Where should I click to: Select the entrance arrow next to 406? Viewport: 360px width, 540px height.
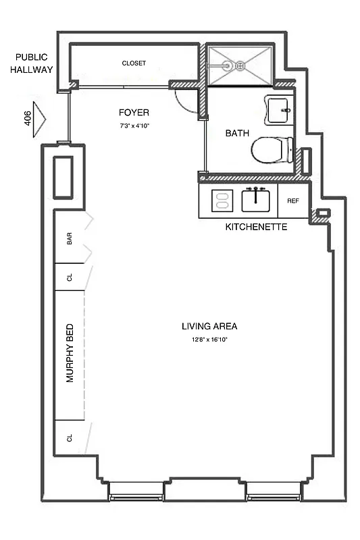coord(38,121)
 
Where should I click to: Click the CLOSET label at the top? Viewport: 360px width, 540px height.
coord(134,63)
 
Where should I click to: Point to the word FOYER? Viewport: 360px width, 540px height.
coord(134,113)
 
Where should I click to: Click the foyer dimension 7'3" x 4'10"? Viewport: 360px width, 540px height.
coord(134,126)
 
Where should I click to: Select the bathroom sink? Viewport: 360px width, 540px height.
coord(280,109)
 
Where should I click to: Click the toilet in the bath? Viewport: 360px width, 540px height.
coord(272,151)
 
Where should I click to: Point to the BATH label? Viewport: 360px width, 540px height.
coord(237,134)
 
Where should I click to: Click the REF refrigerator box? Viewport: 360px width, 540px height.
coord(292,200)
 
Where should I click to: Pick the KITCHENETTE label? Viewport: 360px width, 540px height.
coord(255,227)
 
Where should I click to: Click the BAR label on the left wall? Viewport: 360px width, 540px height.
coord(70,239)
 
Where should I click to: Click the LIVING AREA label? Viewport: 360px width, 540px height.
coord(209,326)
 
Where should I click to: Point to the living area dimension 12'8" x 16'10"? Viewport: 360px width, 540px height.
coord(209,340)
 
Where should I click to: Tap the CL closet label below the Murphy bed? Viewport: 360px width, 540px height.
coord(70,438)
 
